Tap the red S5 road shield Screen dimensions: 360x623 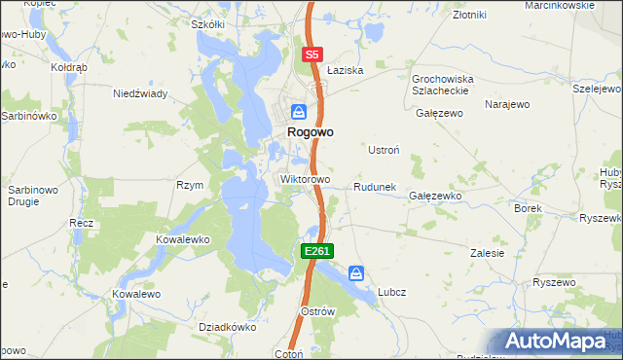[x=311, y=55]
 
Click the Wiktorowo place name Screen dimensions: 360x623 [x=306, y=180]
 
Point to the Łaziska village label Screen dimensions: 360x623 [x=345, y=71]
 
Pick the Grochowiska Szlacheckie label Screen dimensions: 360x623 [x=441, y=84]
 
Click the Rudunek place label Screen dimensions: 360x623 [x=374, y=187]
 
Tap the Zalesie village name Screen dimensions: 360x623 [x=487, y=253]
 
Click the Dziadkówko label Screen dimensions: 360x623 [x=226, y=328]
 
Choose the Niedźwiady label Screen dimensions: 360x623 [x=141, y=93]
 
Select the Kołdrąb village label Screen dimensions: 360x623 [x=70, y=68]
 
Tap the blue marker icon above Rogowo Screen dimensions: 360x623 [x=300, y=112]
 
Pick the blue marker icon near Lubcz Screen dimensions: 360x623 [x=357, y=273]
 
